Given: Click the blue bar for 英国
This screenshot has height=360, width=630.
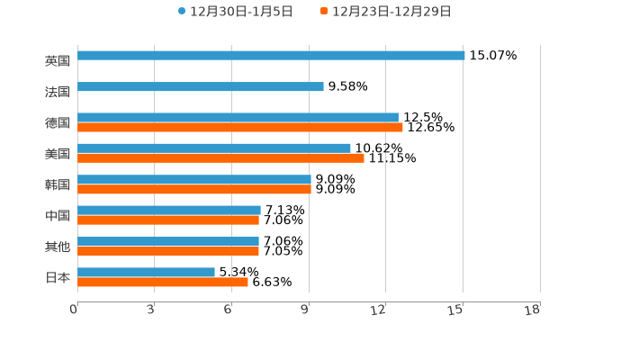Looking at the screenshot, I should point(271,55).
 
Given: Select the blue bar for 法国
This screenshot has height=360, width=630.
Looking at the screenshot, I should point(201,86).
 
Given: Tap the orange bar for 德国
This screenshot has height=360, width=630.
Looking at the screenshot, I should point(240,127).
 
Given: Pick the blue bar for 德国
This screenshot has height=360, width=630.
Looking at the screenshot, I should point(238,117).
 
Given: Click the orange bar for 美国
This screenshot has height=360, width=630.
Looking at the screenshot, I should point(220,157).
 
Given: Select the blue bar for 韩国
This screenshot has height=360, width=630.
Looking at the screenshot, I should point(194,179).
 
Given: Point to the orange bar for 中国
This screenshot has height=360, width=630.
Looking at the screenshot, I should point(168,220).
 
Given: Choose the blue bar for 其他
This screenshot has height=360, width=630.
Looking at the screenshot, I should point(168,241).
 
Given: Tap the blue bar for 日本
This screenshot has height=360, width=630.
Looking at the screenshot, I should point(146,272).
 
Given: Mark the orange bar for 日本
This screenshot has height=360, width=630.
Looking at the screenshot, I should point(163,282).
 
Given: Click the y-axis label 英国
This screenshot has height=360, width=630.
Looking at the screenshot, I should point(58,60).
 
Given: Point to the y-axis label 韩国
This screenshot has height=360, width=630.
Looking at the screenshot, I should point(58,184).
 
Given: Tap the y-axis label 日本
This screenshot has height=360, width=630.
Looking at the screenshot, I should point(58,277).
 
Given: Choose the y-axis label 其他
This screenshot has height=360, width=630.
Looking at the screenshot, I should point(58,247).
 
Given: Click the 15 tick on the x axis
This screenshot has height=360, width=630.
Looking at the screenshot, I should point(456,310).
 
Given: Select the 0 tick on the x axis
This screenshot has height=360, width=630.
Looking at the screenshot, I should point(74,310).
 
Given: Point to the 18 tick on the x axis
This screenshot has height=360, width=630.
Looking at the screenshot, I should point(533,310).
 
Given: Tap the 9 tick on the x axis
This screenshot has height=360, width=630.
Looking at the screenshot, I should point(305,310).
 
